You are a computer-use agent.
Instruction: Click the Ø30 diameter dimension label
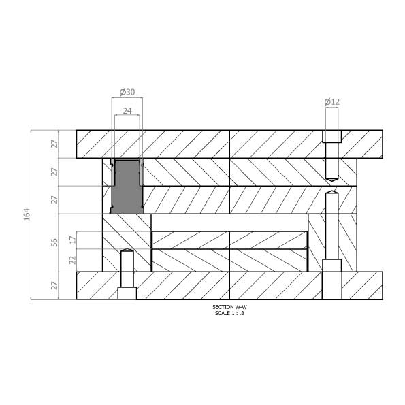(x=127, y=92)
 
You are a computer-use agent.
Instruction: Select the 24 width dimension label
(x=127, y=111)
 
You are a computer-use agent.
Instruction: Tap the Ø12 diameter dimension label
(x=332, y=102)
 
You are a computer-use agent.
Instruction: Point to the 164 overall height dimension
(x=27, y=214)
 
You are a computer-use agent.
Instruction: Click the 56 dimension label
(x=54, y=242)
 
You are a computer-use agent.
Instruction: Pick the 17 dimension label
(x=74, y=240)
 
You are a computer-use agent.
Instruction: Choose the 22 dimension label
(x=74, y=260)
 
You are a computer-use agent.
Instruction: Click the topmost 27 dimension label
(x=54, y=144)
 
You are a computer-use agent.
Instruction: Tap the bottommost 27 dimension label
(x=54, y=285)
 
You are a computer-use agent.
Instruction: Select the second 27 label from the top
(x=54, y=172)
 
